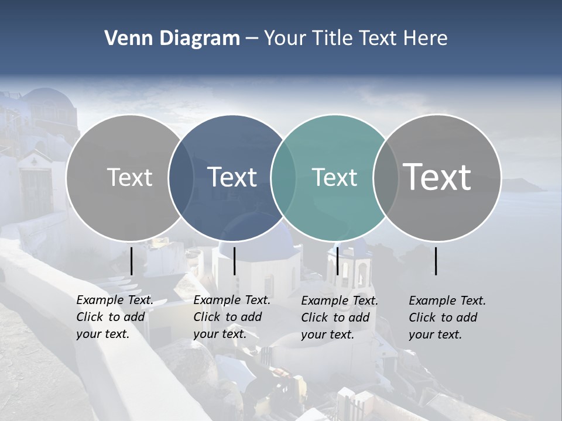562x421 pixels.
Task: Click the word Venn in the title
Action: [124, 39]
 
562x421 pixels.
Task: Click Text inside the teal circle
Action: [334, 178]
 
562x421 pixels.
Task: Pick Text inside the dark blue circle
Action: [232, 177]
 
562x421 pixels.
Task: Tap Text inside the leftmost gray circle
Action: [129, 177]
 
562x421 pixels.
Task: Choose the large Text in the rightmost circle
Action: [437, 177]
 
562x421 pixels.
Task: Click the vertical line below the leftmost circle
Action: [131, 261]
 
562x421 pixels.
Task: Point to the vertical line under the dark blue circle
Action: [234, 261]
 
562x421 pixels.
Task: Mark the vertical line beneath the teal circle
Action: [337, 261]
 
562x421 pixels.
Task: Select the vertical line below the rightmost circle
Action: [436, 261]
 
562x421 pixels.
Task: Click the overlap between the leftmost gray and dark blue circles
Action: [181, 177]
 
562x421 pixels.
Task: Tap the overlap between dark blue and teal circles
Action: [283, 177]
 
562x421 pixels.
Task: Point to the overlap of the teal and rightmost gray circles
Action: [385, 177]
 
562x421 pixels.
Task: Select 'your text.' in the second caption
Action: [220, 334]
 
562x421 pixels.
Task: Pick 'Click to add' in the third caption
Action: [335, 318]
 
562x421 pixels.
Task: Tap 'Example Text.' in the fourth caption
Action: [447, 301]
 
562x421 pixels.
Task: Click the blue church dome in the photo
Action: [258, 231]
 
